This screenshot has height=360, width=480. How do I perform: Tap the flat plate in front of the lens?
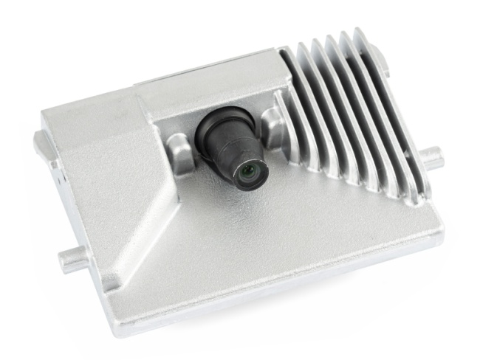pyautogui.click(x=281, y=236)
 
